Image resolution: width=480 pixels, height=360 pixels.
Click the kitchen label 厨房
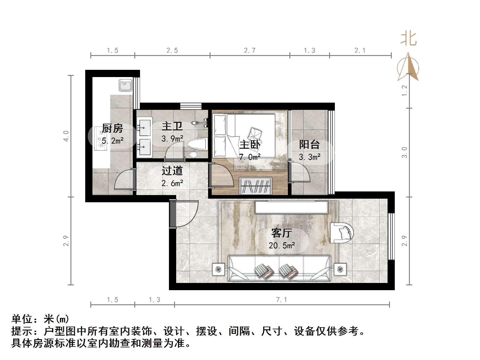pyautogui.click(x=112, y=128)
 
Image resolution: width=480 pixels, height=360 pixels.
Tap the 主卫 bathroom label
pyautogui.click(x=172, y=126)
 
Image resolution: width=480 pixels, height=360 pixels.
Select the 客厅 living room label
pyautogui.click(x=281, y=233)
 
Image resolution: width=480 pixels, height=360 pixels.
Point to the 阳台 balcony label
pyautogui.click(x=309, y=144)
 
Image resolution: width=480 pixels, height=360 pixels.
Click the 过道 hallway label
pyautogui.click(x=172, y=171)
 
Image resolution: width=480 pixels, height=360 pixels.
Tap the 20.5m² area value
pyautogui.click(x=282, y=246)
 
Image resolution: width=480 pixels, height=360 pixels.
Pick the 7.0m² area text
pyautogui.click(x=250, y=157)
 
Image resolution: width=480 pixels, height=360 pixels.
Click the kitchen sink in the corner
pyautogui.click(x=125, y=85)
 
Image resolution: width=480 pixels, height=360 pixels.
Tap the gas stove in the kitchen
pyautogui.click(x=99, y=139)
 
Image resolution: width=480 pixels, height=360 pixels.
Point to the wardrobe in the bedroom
pyautogui.click(x=256, y=186)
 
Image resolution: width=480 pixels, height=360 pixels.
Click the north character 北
pyautogui.click(x=408, y=39)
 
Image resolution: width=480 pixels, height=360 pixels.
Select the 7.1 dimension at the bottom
pyautogui.click(x=281, y=299)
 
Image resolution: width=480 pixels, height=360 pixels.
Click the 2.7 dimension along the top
pyautogui.click(x=250, y=51)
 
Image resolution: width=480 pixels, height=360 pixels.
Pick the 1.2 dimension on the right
pyautogui.click(x=404, y=91)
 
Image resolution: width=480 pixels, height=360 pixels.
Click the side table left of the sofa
pyautogui.click(x=219, y=269)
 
